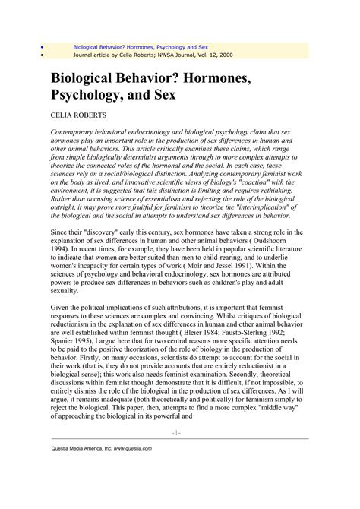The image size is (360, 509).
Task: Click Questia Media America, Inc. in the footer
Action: (x=79, y=448)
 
